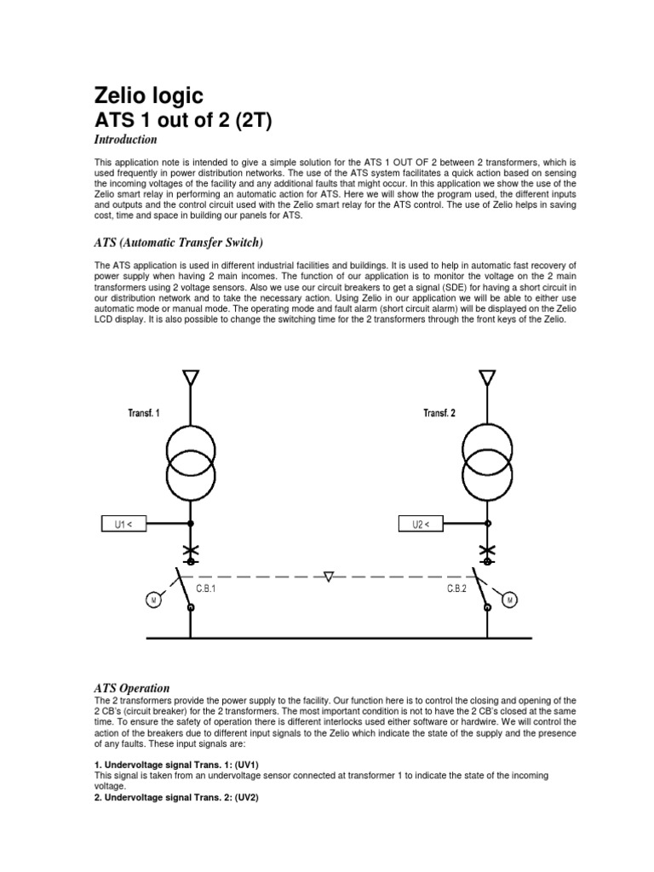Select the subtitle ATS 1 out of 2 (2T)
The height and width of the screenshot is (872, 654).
tap(182, 120)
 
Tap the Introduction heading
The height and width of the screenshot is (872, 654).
tap(125, 140)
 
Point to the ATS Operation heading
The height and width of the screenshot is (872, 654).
tap(132, 687)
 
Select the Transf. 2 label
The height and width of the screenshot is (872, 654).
tap(439, 413)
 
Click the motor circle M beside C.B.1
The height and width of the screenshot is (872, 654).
tap(153, 600)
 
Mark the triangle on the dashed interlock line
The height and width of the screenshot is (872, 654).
tap(330, 577)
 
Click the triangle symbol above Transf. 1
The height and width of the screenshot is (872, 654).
tap(190, 377)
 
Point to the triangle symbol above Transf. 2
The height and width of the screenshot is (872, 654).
tap(486, 377)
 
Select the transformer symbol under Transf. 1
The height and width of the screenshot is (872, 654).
tap(190, 461)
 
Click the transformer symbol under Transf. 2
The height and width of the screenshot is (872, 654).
tap(486, 461)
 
